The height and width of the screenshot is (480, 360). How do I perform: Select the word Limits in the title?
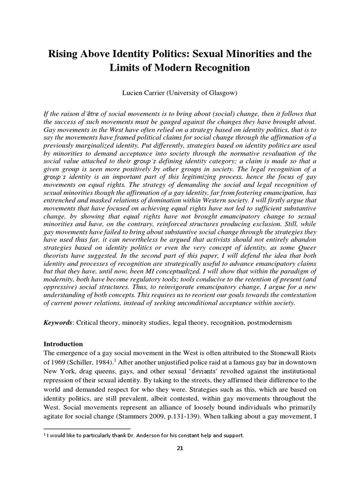[x=125, y=68]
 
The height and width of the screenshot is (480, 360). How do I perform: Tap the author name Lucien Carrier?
[x=142, y=93]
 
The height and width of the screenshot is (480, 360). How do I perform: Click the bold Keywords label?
[x=58, y=323]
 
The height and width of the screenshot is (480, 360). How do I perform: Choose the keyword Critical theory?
[x=97, y=323]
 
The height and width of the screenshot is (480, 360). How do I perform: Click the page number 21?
[x=180, y=448]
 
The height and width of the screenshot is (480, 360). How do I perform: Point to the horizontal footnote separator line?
[x=87, y=428]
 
